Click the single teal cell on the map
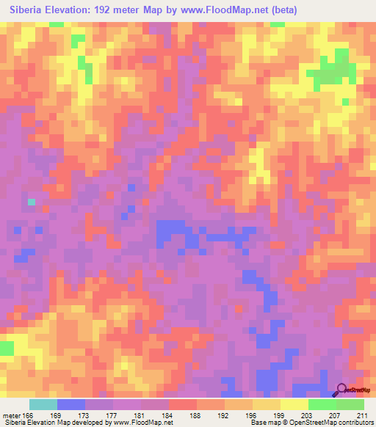(31, 201)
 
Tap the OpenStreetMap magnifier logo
(341, 390)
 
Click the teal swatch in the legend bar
(43, 404)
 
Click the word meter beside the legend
(10, 415)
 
